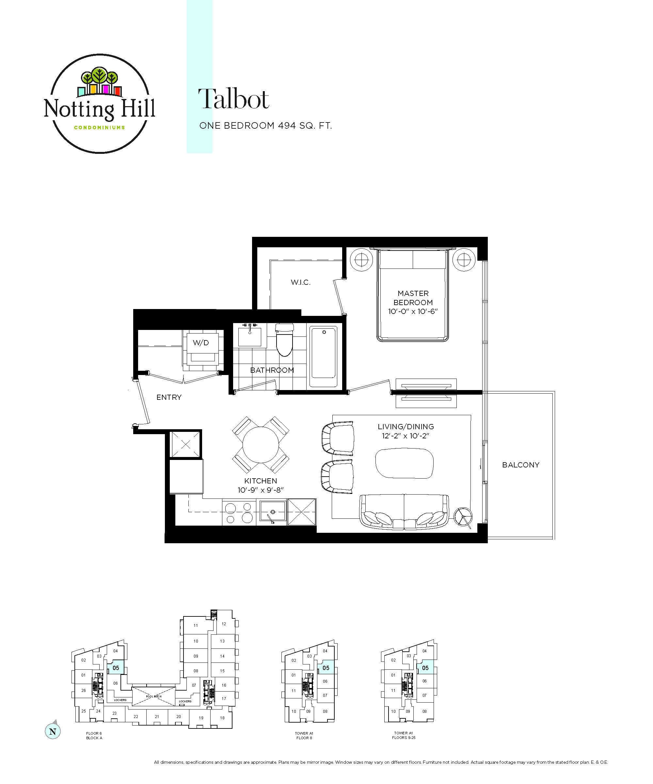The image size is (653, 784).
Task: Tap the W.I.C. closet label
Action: (300, 282)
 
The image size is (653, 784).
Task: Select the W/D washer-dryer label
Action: (201, 343)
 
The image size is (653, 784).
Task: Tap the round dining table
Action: (261, 445)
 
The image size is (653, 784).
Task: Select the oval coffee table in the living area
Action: (405, 463)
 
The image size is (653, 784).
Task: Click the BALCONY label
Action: (520, 465)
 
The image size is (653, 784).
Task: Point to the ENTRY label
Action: (169, 397)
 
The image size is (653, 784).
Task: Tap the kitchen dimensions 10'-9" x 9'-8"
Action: (261, 490)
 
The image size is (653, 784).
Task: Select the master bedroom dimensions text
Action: (413, 311)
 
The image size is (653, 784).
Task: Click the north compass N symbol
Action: (53, 731)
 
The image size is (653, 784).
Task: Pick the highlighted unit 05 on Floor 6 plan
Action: (116, 668)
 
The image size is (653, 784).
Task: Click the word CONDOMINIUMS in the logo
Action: (99, 127)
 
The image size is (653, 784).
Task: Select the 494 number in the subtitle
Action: (287, 126)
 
